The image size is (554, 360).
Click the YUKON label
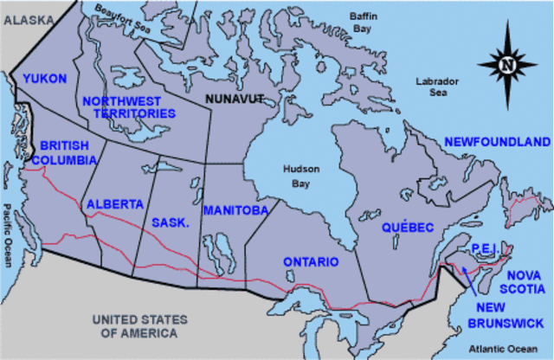(x=45, y=79)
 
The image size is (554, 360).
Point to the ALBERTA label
(x=114, y=204)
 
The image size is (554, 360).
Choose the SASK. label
(x=171, y=222)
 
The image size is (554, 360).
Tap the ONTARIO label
(x=311, y=261)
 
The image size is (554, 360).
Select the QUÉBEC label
(x=407, y=228)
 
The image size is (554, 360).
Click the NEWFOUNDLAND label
(x=496, y=141)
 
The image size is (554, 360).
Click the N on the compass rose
(x=508, y=62)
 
